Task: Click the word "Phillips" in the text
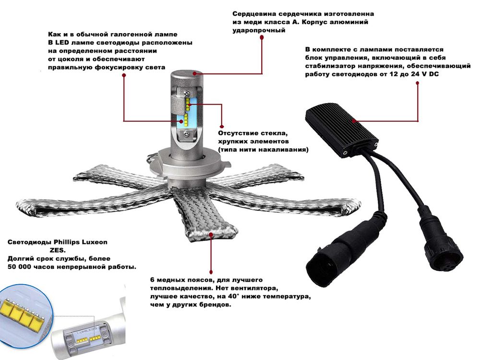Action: (66, 242)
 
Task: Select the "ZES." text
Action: (58, 251)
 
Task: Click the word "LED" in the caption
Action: (62, 43)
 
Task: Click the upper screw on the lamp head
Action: (186, 92)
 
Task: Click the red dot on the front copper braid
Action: (211, 235)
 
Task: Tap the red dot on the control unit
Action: (354, 121)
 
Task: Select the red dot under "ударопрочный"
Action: (262, 37)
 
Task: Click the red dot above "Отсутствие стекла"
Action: (222, 126)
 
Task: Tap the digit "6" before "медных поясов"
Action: (152, 280)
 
